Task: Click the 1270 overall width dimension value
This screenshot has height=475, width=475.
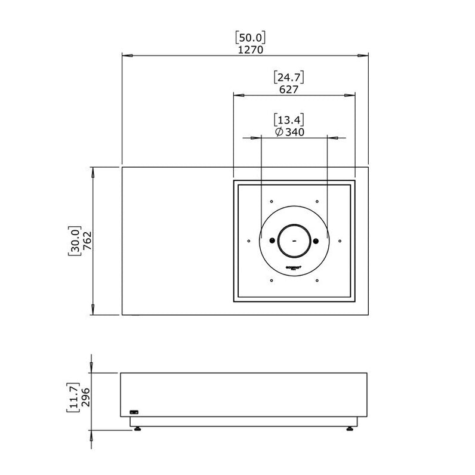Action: click(245, 50)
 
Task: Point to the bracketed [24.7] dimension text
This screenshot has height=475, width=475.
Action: click(288, 77)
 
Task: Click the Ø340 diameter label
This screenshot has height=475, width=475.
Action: click(290, 132)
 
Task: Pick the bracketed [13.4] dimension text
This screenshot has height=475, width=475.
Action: click(289, 119)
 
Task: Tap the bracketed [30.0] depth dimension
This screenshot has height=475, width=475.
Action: click(74, 240)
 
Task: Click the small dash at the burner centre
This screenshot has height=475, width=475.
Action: click(294, 241)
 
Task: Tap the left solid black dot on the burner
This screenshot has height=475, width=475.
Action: click(272, 241)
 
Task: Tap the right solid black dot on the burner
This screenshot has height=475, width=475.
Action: click(316, 241)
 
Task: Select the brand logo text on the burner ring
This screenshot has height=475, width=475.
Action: click(294, 267)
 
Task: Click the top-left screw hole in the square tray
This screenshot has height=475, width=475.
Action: click(271, 201)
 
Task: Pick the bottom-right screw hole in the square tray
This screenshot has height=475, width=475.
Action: click(317, 280)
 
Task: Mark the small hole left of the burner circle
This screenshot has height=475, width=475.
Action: click(248, 241)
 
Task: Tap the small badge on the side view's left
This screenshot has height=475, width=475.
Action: click(134, 411)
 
